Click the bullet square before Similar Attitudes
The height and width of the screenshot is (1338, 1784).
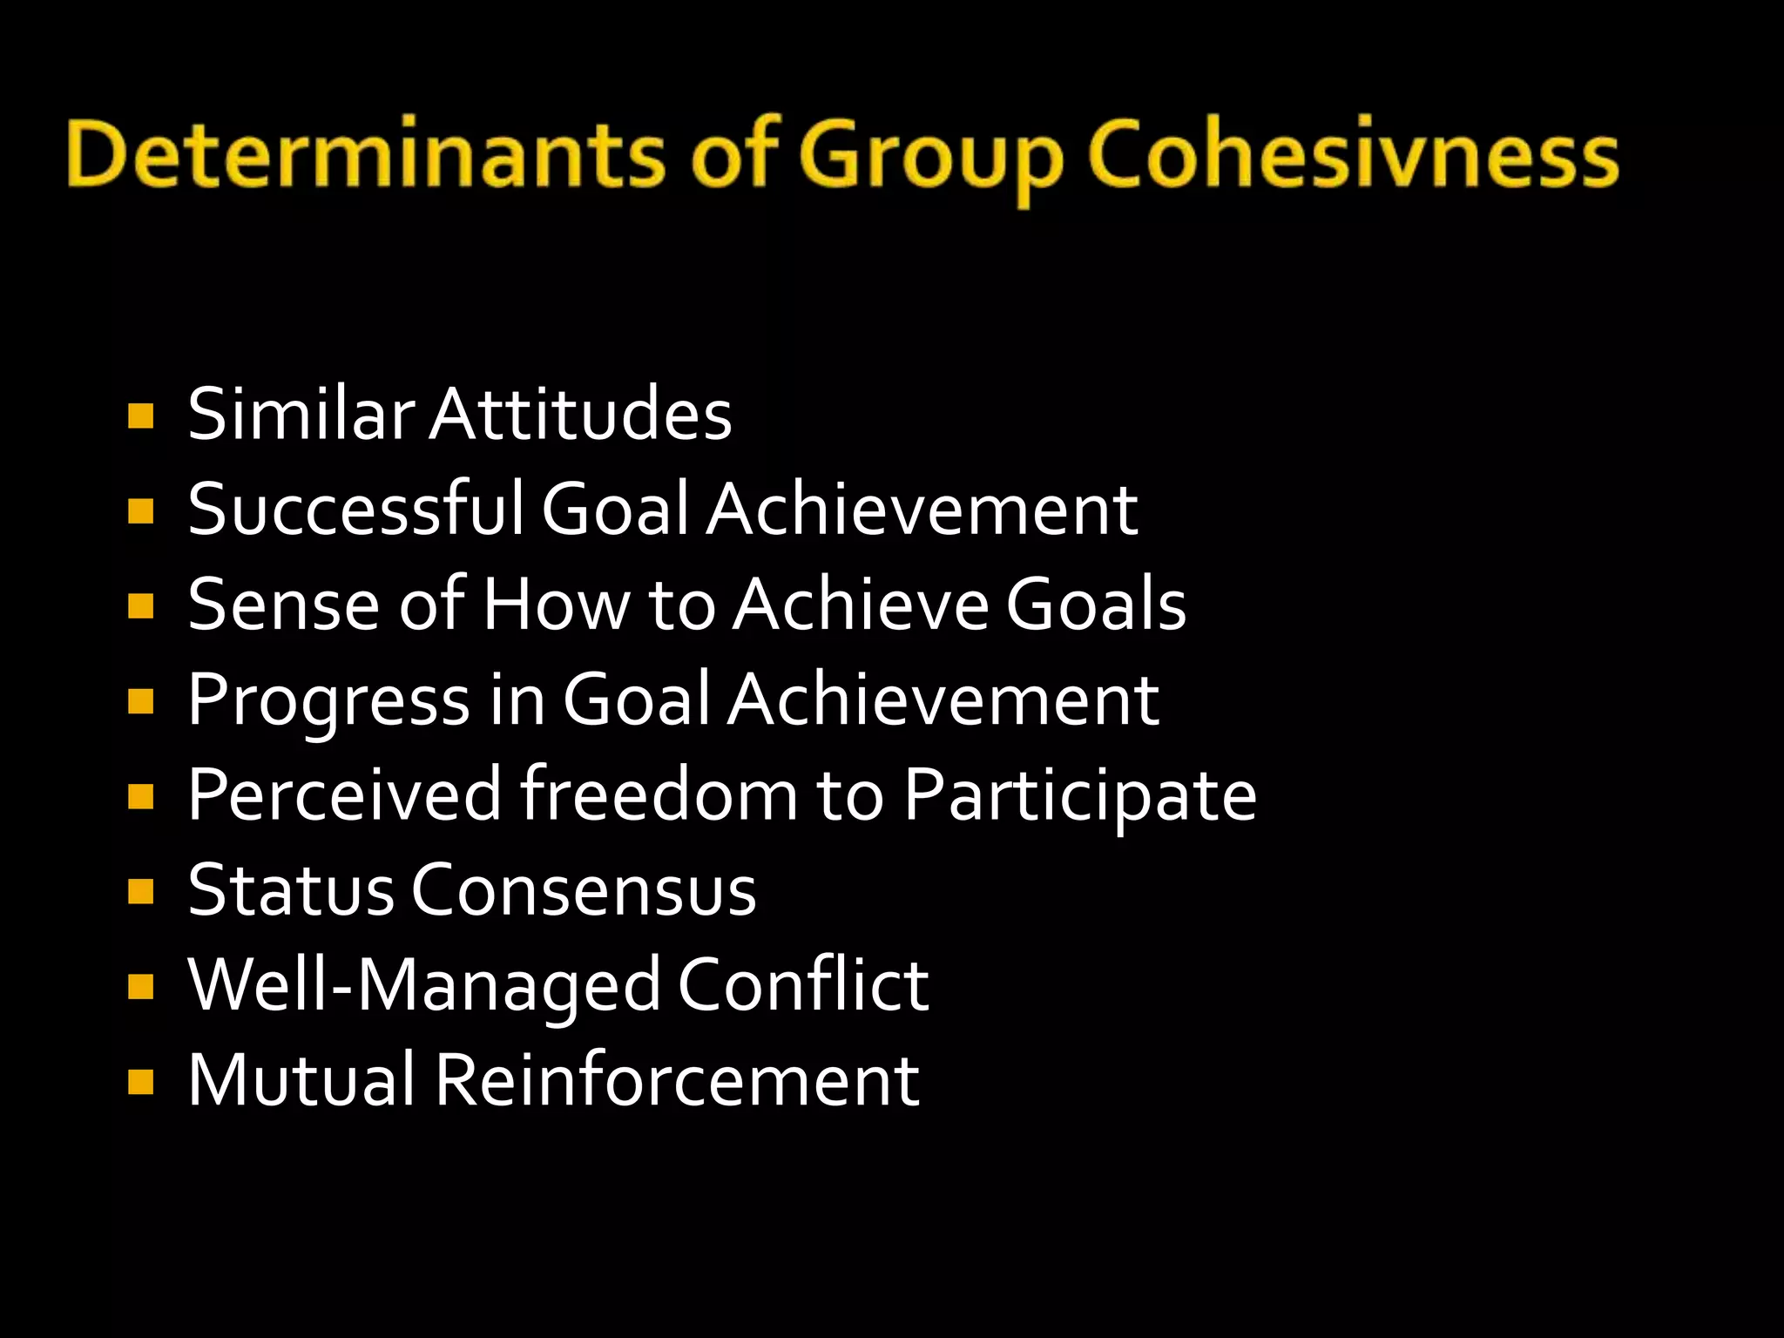[140, 416]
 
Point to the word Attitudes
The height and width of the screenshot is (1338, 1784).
[581, 414]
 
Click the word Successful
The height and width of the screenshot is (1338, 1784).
[355, 509]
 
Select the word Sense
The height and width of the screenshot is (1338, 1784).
[283, 605]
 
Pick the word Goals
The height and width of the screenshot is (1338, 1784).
[1096, 605]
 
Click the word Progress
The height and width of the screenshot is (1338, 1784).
[328, 701]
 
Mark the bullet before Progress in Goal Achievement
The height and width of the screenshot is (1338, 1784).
[140, 701]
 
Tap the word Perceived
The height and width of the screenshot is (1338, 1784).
[344, 795]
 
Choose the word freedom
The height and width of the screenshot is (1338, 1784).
[659, 795]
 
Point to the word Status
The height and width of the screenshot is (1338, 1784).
[290, 890]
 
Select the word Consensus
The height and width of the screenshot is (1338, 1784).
[584, 890]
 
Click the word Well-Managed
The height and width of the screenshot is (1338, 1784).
[424, 986]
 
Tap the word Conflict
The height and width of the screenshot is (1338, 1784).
[802, 985]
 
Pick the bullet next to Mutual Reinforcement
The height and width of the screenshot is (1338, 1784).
[140, 1082]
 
